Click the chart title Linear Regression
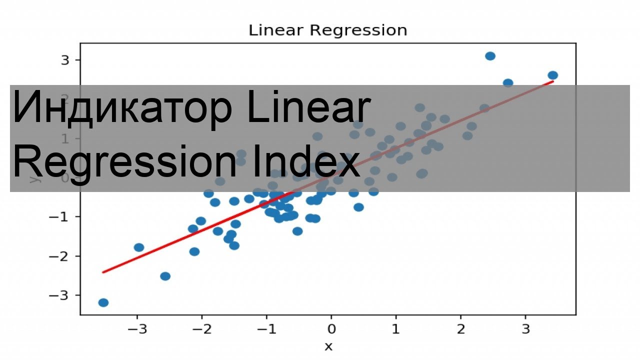pyautogui.click(x=328, y=30)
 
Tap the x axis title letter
pyautogui.click(x=328, y=346)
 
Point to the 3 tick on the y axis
pyautogui.click(x=64, y=60)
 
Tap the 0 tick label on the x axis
pyautogui.click(x=331, y=330)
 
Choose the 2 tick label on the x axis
pyautogui.click(x=460, y=330)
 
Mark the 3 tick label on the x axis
pyautogui.click(x=525, y=330)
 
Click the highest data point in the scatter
pyautogui.click(x=490, y=56)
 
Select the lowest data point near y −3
pyautogui.click(x=103, y=302)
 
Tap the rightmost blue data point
pyautogui.click(x=552, y=75)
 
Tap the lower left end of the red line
pyautogui.click(x=103, y=272)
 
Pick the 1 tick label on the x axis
pyautogui.click(x=396, y=330)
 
